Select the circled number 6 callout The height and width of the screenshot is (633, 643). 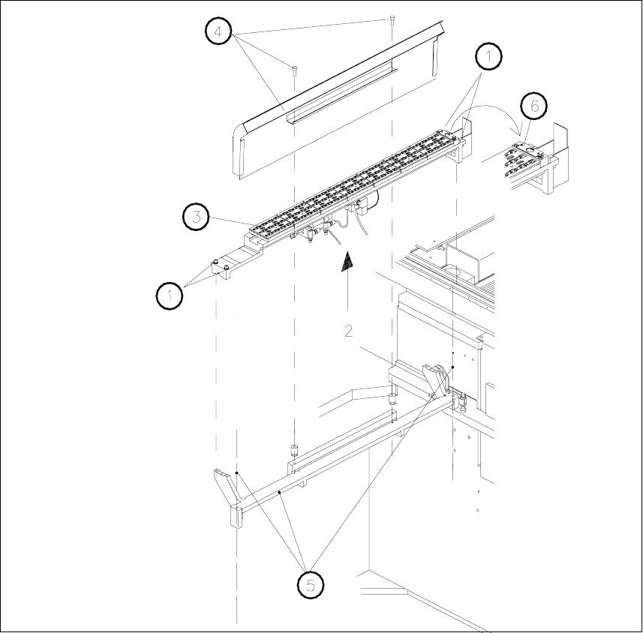click(534, 106)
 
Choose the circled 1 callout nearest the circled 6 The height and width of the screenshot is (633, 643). click(488, 56)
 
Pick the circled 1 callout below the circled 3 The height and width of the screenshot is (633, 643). click(170, 295)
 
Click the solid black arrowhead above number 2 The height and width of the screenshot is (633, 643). click(347, 264)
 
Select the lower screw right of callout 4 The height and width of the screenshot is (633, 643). click(294, 70)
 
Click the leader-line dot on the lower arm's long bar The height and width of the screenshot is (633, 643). click(280, 492)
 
